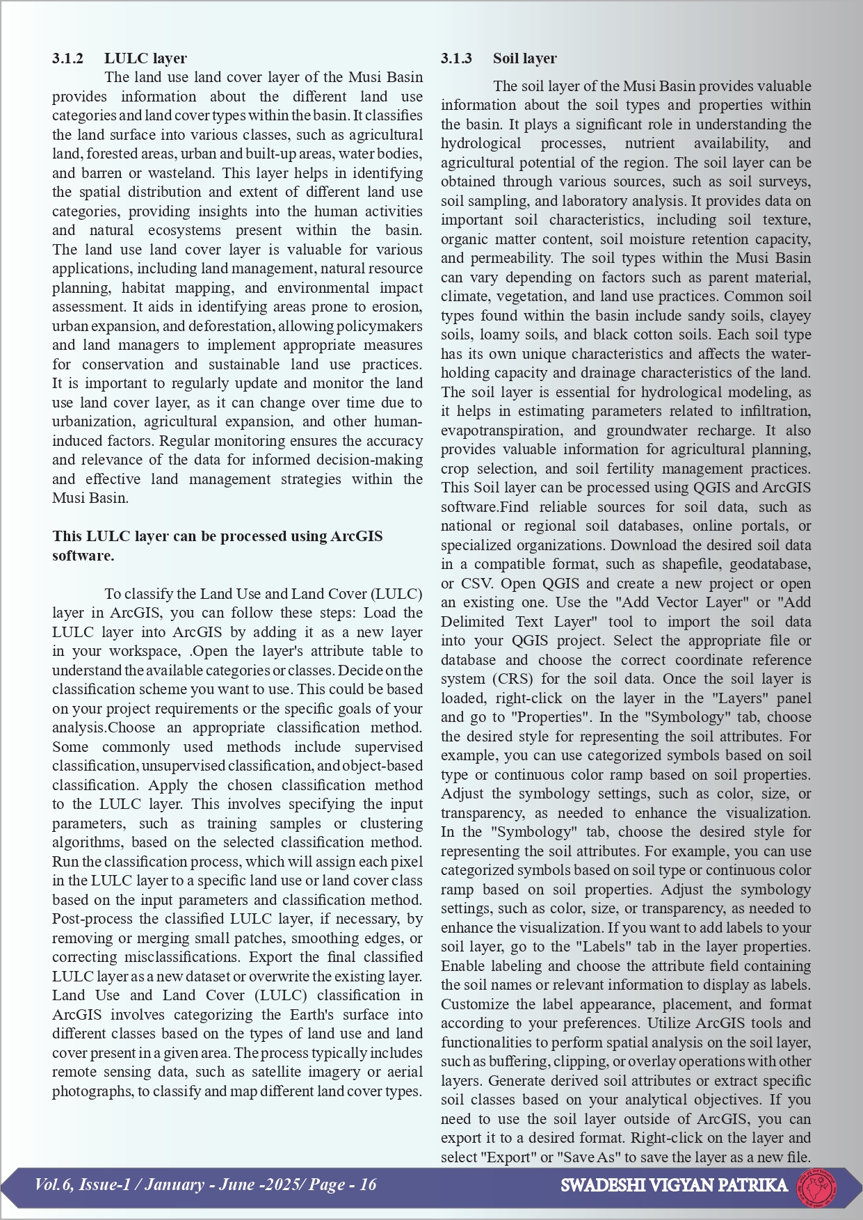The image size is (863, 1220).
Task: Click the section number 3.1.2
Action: tap(67, 58)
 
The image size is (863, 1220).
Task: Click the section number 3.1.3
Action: tap(456, 58)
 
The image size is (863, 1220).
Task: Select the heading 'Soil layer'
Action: tap(524, 58)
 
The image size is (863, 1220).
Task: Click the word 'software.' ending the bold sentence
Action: tap(83, 556)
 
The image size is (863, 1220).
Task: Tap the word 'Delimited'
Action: tap(472, 622)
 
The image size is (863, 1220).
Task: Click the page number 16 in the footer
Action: tap(368, 1185)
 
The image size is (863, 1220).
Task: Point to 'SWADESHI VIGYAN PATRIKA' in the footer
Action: tap(674, 1185)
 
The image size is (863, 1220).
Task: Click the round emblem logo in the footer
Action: tap(816, 1186)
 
